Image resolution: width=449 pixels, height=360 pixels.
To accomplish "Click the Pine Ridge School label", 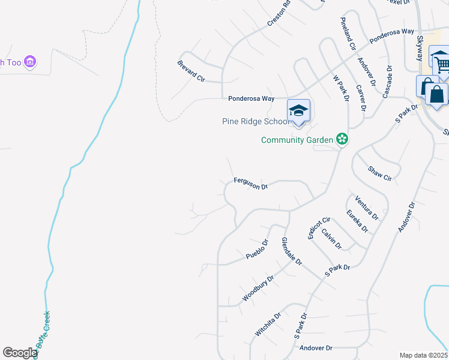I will [256, 121].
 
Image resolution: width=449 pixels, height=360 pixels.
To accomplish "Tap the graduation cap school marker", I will [298, 111].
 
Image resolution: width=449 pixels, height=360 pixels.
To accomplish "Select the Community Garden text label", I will [297, 140].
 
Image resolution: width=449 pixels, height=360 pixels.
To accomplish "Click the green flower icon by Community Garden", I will [342, 140].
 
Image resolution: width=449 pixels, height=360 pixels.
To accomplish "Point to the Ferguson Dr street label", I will [250, 182].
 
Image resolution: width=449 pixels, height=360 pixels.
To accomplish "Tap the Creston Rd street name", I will [279, 11].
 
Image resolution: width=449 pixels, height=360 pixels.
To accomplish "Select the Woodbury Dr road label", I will [258, 288].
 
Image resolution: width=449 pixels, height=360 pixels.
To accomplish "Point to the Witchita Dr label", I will [268, 324].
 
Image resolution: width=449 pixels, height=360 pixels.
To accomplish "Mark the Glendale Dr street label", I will [292, 251].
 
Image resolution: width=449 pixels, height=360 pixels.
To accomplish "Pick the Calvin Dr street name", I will [331, 239].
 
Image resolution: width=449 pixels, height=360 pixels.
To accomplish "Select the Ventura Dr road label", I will [367, 208].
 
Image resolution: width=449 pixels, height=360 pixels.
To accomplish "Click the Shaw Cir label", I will [379, 174].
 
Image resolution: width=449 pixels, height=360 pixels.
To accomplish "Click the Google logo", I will [20, 353].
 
